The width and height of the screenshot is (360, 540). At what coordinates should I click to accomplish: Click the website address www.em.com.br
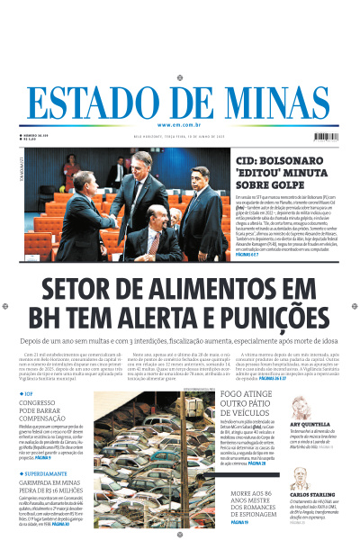pos(179,125)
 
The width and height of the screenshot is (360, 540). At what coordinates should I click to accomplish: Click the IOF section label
pos(31,392)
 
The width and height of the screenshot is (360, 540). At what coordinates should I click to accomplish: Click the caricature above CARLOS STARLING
pos(306,474)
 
